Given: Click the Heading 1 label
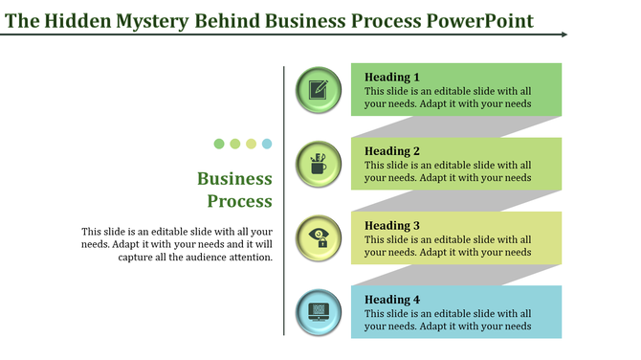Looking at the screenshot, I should point(392,77).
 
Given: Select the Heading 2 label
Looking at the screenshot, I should point(392,150).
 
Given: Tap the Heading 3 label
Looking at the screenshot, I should point(392,225).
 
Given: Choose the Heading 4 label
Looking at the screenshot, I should point(392,300).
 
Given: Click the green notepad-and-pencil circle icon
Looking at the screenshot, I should point(319,89).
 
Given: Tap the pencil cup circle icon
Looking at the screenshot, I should point(319,163).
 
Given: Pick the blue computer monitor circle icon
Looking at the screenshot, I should point(319,311).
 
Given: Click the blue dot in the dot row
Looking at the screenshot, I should point(267,144).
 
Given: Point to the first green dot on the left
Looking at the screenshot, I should point(219,144).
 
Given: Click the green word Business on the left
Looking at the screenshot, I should point(234,179).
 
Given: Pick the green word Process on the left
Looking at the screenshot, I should point(240,201).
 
